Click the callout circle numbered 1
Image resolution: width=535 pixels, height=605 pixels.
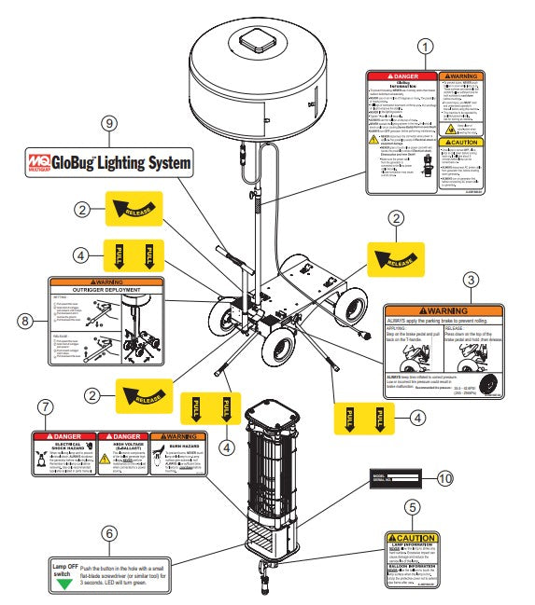coord(427,45)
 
